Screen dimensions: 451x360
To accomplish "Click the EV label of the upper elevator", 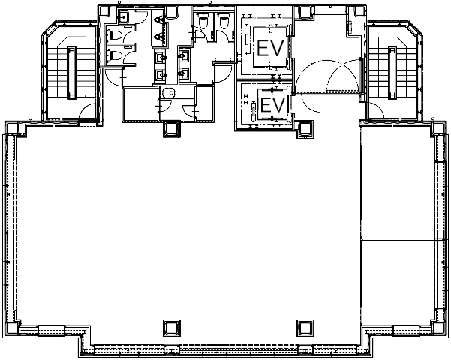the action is pyautogui.click(x=270, y=48).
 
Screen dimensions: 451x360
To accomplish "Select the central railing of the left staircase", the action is pyautogui.click(x=71, y=73).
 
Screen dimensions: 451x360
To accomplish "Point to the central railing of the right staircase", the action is pyautogui.click(x=392, y=73).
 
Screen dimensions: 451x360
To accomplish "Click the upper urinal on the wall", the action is pyautogui.click(x=159, y=19).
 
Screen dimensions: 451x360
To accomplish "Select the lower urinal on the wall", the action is pyautogui.click(x=159, y=37).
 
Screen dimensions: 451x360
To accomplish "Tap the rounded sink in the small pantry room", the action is pyautogui.click(x=169, y=93).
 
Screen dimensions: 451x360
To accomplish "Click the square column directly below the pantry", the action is pyautogui.click(x=172, y=129).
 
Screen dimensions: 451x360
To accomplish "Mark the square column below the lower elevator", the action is pyautogui.click(x=305, y=130).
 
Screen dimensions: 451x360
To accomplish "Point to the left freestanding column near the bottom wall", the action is pyautogui.click(x=172, y=328).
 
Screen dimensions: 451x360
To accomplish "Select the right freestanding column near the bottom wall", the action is pyautogui.click(x=305, y=328).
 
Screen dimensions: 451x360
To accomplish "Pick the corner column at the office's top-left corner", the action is pyautogui.click(x=12, y=128).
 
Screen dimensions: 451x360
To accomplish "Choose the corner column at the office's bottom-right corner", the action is pyautogui.click(x=438, y=328).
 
